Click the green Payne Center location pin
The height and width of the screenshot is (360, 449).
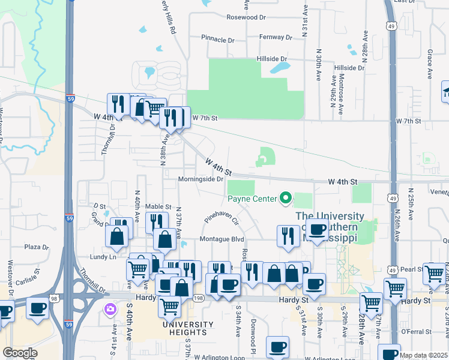[x=286, y=197]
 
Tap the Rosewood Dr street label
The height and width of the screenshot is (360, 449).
[x=246, y=17]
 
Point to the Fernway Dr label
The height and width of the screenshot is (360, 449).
[x=276, y=37]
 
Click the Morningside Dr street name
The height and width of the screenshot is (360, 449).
[x=200, y=179]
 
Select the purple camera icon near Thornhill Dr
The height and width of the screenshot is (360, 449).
[x=110, y=310]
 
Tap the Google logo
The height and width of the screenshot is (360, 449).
[x=20, y=353]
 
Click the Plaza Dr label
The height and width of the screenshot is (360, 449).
[x=36, y=247]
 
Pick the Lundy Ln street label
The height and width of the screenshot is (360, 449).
[x=103, y=257]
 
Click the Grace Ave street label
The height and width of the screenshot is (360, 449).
[x=430, y=65]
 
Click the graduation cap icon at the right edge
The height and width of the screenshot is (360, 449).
[x=445, y=92]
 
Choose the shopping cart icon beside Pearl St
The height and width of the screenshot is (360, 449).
[x=433, y=273]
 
